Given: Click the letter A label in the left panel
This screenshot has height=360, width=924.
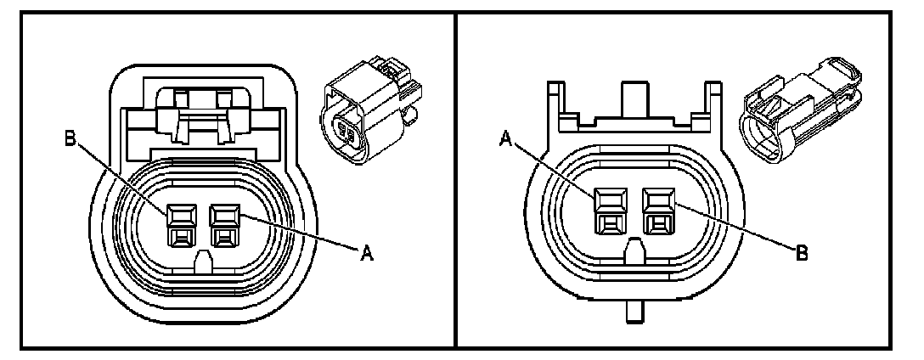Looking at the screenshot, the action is tap(369, 251).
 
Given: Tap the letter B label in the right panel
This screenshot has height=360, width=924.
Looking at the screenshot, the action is tap(799, 252).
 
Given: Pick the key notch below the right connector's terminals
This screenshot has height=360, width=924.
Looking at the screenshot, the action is tap(633, 253).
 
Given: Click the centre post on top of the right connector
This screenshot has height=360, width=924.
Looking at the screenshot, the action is tap(633, 102).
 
